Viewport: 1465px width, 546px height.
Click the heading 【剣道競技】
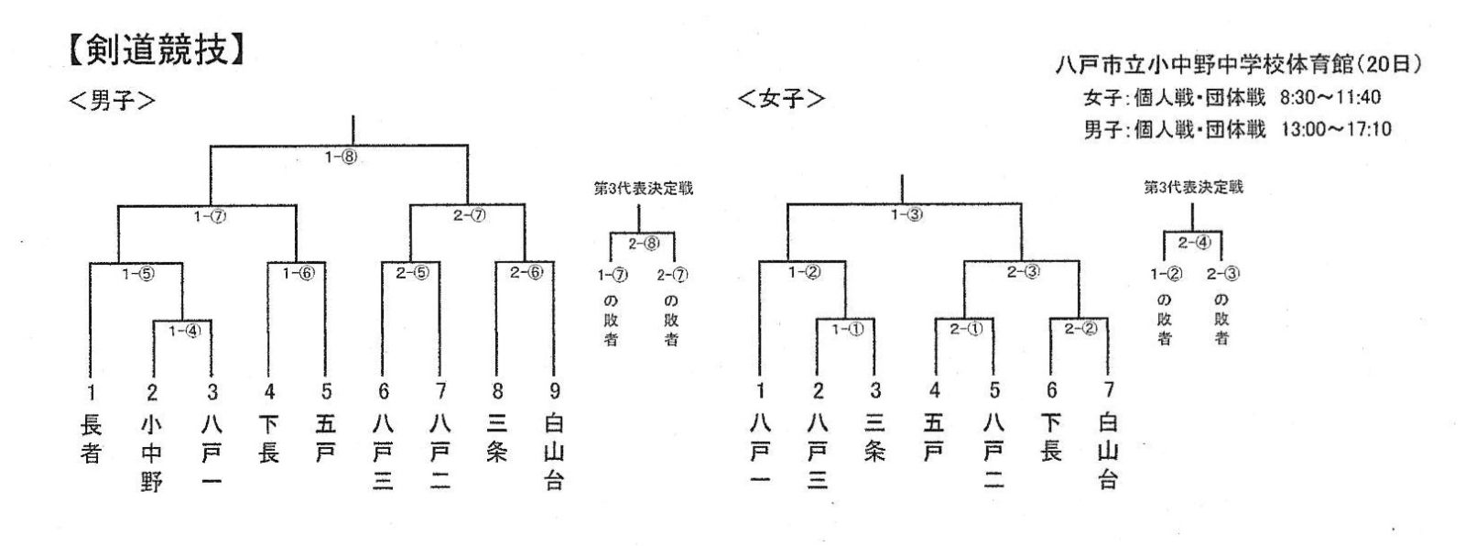[157, 49]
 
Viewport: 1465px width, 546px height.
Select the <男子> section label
[113, 101]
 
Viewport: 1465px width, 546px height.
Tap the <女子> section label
[782, 99]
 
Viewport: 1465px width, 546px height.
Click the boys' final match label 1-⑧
[342, 158]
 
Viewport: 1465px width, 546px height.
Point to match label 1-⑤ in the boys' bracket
[138, 273]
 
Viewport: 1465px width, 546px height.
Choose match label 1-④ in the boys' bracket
[185, 331]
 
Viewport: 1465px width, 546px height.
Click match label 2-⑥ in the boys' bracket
[526, 272]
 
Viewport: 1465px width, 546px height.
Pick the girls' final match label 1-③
[907, 214]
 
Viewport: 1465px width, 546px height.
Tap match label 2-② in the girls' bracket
[1080, 328]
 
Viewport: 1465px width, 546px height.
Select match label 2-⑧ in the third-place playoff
[645, 244]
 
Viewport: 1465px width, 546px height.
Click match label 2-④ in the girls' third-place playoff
[1195, 243]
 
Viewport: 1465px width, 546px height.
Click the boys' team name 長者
[91, 439]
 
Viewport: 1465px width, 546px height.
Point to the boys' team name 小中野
[151, 453]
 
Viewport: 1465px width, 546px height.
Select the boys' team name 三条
[496, 438]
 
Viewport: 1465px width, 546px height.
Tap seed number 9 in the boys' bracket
[555, 391]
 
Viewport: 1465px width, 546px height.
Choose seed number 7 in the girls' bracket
[1109, 389]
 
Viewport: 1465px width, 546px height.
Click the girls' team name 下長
[1051, 437]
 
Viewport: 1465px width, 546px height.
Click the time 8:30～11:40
[1330, 97]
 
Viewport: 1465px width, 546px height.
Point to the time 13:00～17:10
[1336, 129]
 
